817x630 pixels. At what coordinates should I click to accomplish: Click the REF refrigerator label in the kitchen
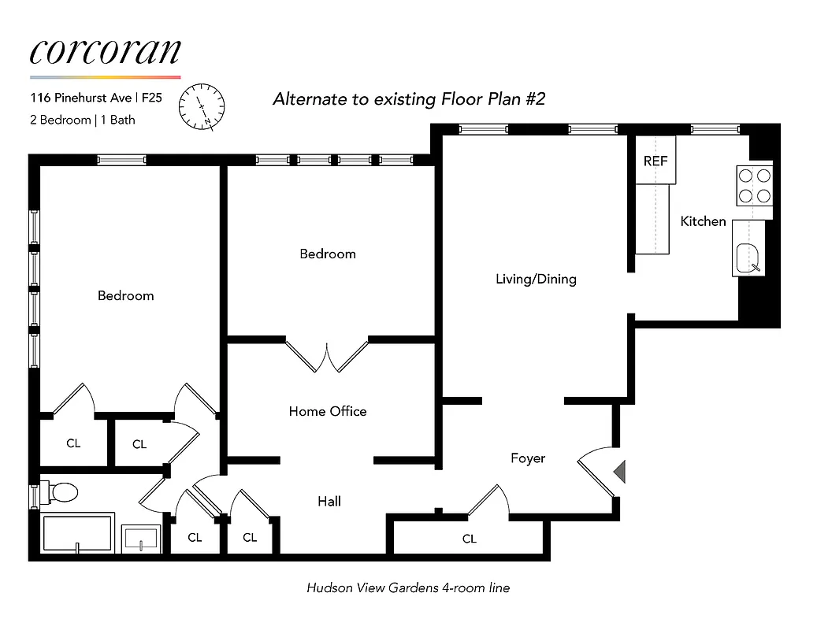655,161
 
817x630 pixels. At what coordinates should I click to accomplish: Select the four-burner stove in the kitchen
754,185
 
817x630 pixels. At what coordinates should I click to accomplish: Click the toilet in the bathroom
62,493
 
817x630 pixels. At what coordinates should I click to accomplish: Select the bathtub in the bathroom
77,533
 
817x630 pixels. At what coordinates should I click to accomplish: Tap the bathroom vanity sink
142,539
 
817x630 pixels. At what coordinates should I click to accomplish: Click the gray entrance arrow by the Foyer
618,471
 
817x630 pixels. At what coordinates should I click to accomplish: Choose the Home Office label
327,411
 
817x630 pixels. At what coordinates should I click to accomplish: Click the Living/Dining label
536,279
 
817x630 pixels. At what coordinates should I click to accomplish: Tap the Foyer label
527,458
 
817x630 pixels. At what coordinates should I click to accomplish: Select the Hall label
329,501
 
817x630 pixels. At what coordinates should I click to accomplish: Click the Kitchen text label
703,222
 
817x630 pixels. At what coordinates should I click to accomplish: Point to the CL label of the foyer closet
469,539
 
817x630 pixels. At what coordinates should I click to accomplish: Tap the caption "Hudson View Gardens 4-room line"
408,587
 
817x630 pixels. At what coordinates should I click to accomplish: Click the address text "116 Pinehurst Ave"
80,98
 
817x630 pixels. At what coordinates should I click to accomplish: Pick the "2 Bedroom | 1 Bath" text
83,120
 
